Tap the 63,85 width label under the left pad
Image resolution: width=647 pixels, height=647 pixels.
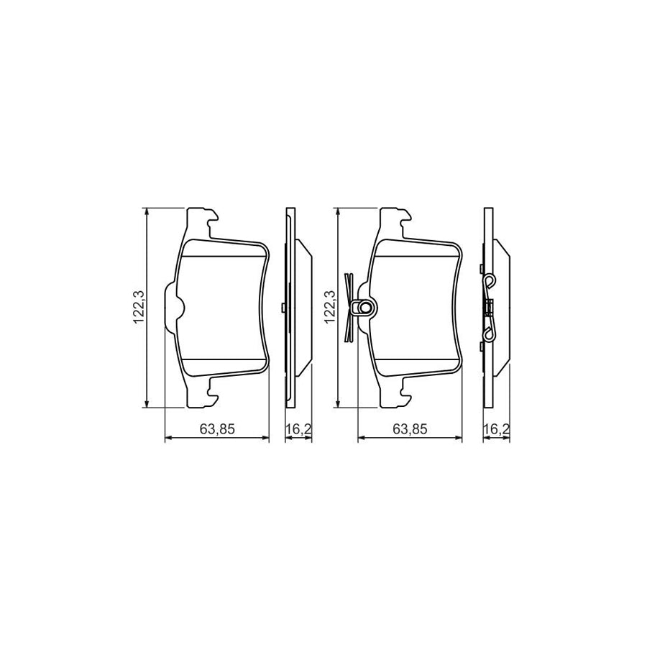click(x=218, y=429)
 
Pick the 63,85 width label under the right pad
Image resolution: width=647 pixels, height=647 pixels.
click(x=410, y=429)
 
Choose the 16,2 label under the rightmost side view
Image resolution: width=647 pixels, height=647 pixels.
click(x=496, y=429)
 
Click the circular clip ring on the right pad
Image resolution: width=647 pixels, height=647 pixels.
click(x=365, y=308)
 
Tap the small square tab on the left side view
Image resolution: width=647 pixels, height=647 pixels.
click(x=285, y=308)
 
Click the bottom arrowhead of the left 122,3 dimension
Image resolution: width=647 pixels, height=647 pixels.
click(x=147, y=405)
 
